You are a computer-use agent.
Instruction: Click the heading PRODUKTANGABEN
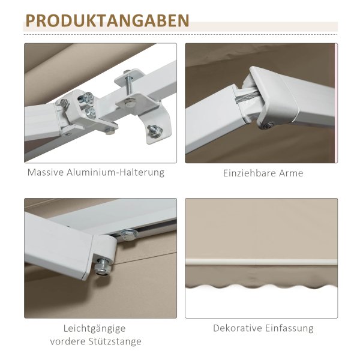coord(107,20)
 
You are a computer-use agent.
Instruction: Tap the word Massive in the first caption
coord(45,172)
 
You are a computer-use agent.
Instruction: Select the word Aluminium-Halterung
coord(115,172)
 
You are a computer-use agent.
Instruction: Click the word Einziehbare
coord(250,173)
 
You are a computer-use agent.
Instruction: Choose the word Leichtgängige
coord(95,329)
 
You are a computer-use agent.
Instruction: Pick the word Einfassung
coord(289,329)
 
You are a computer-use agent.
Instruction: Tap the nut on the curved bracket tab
coord(155,131)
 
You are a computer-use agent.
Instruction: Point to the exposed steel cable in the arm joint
coord(250,96)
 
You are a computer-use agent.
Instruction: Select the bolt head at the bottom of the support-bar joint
coord(103,266)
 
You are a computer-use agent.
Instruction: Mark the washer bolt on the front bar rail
coord(129,235)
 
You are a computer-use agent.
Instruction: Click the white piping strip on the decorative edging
coord(261,262)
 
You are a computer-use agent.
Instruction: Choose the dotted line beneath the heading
coord(181,35)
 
